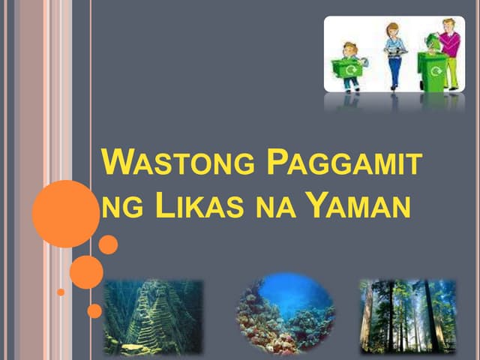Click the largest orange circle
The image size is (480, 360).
[x=66, y=214]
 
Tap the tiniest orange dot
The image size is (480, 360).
[x=61, y=292]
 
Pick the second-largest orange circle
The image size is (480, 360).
[x=86, y=272]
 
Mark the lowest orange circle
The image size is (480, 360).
[x=94, y=310]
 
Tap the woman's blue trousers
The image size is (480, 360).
[x=394, y=71]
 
